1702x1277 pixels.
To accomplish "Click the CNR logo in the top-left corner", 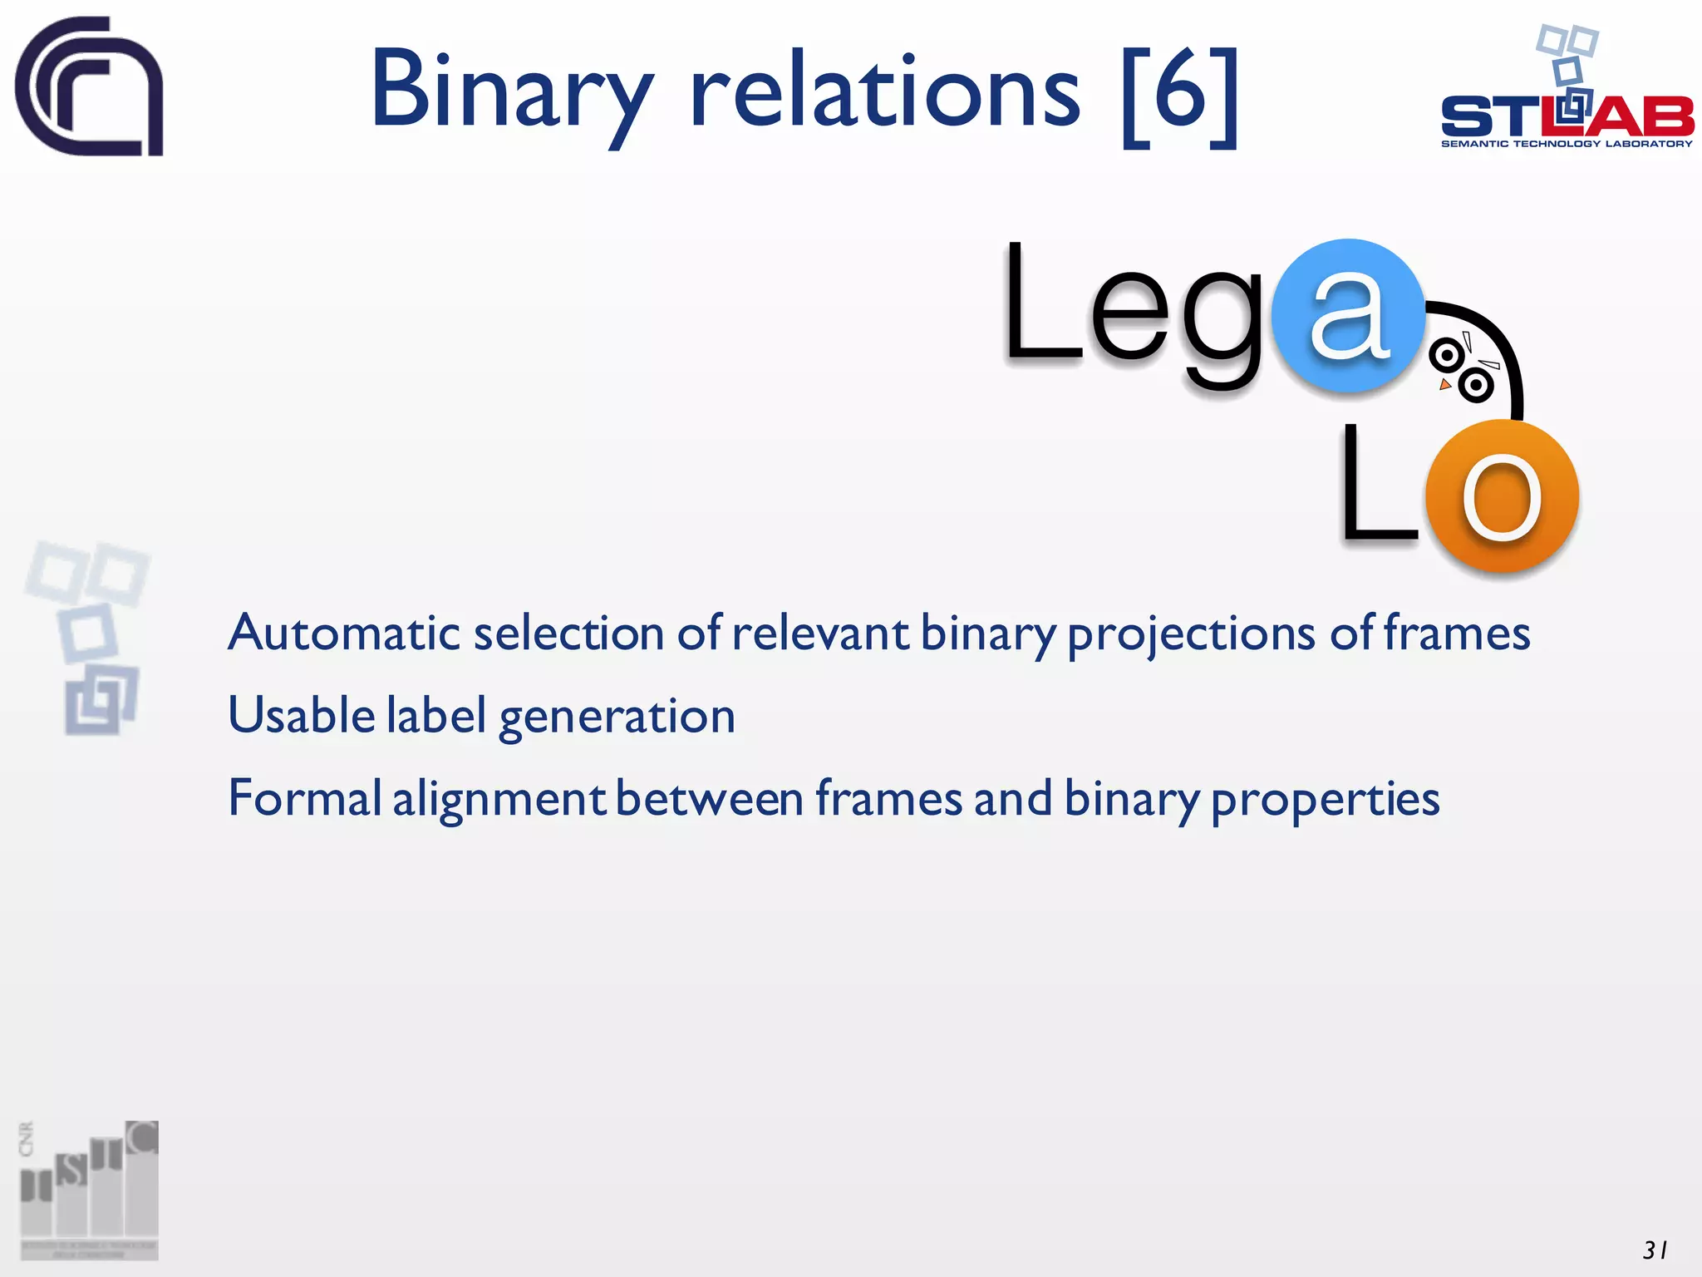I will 89,86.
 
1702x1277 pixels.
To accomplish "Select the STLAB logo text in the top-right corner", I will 1567,116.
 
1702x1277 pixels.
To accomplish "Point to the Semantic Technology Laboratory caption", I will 1567,144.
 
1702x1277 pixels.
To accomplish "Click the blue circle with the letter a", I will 1348,316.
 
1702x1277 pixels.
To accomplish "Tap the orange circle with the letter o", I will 1501,496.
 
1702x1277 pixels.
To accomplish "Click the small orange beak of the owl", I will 1445,384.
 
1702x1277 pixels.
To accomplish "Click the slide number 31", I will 1654,1250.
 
